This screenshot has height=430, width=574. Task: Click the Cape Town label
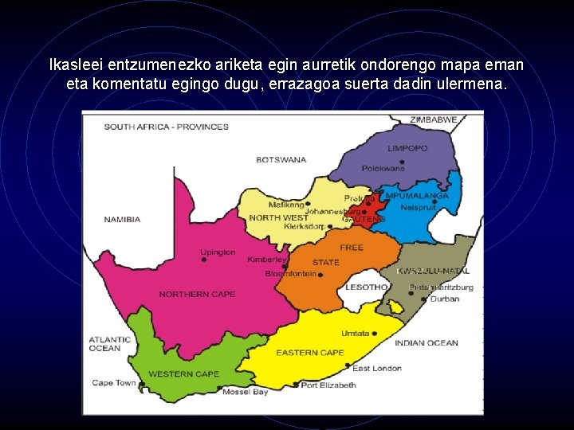(114, 383)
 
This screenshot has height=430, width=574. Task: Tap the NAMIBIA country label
(122, 220)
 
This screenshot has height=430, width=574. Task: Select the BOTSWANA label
(281, 160)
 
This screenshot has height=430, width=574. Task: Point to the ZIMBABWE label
(434, 119)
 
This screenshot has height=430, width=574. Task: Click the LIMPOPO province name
(407, 149)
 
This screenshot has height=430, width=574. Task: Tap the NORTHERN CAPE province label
(197, 295)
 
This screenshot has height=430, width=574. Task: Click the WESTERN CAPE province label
(183, 374)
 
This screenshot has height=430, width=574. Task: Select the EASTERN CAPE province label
(310, 353)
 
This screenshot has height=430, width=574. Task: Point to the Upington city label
(218, 252)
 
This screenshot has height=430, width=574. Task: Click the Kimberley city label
(266, 260)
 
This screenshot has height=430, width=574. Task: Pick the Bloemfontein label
(292, 274)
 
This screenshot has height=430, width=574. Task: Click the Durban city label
(444, 299)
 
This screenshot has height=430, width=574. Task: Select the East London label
(377, 369)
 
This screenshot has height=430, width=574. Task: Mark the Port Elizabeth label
(328, 385)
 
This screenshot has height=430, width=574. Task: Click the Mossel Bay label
(245, 392)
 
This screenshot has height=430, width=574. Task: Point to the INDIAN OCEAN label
(427, 343)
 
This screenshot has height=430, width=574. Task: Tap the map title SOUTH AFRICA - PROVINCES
(166, 127)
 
